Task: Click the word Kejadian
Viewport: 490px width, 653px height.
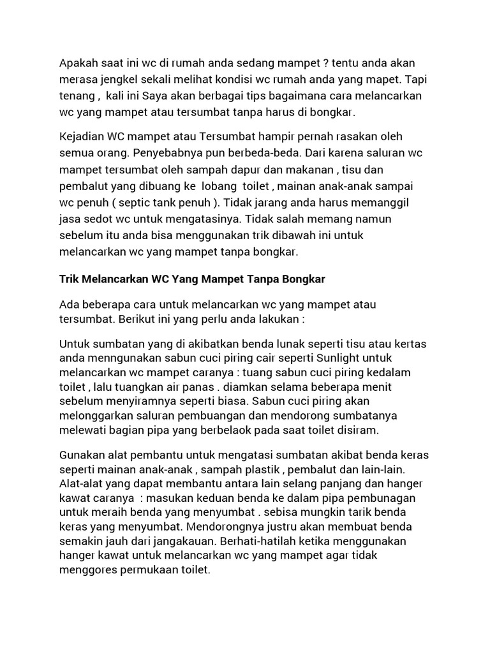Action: pos(82,137)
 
